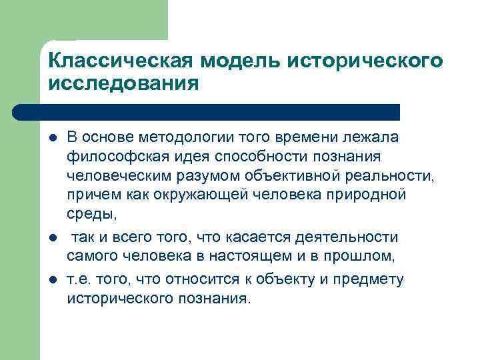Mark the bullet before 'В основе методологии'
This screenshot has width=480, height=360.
point(53,137)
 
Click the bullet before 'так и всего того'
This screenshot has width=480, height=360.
point(53,237)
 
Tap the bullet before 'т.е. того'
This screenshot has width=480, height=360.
point(53,279)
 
